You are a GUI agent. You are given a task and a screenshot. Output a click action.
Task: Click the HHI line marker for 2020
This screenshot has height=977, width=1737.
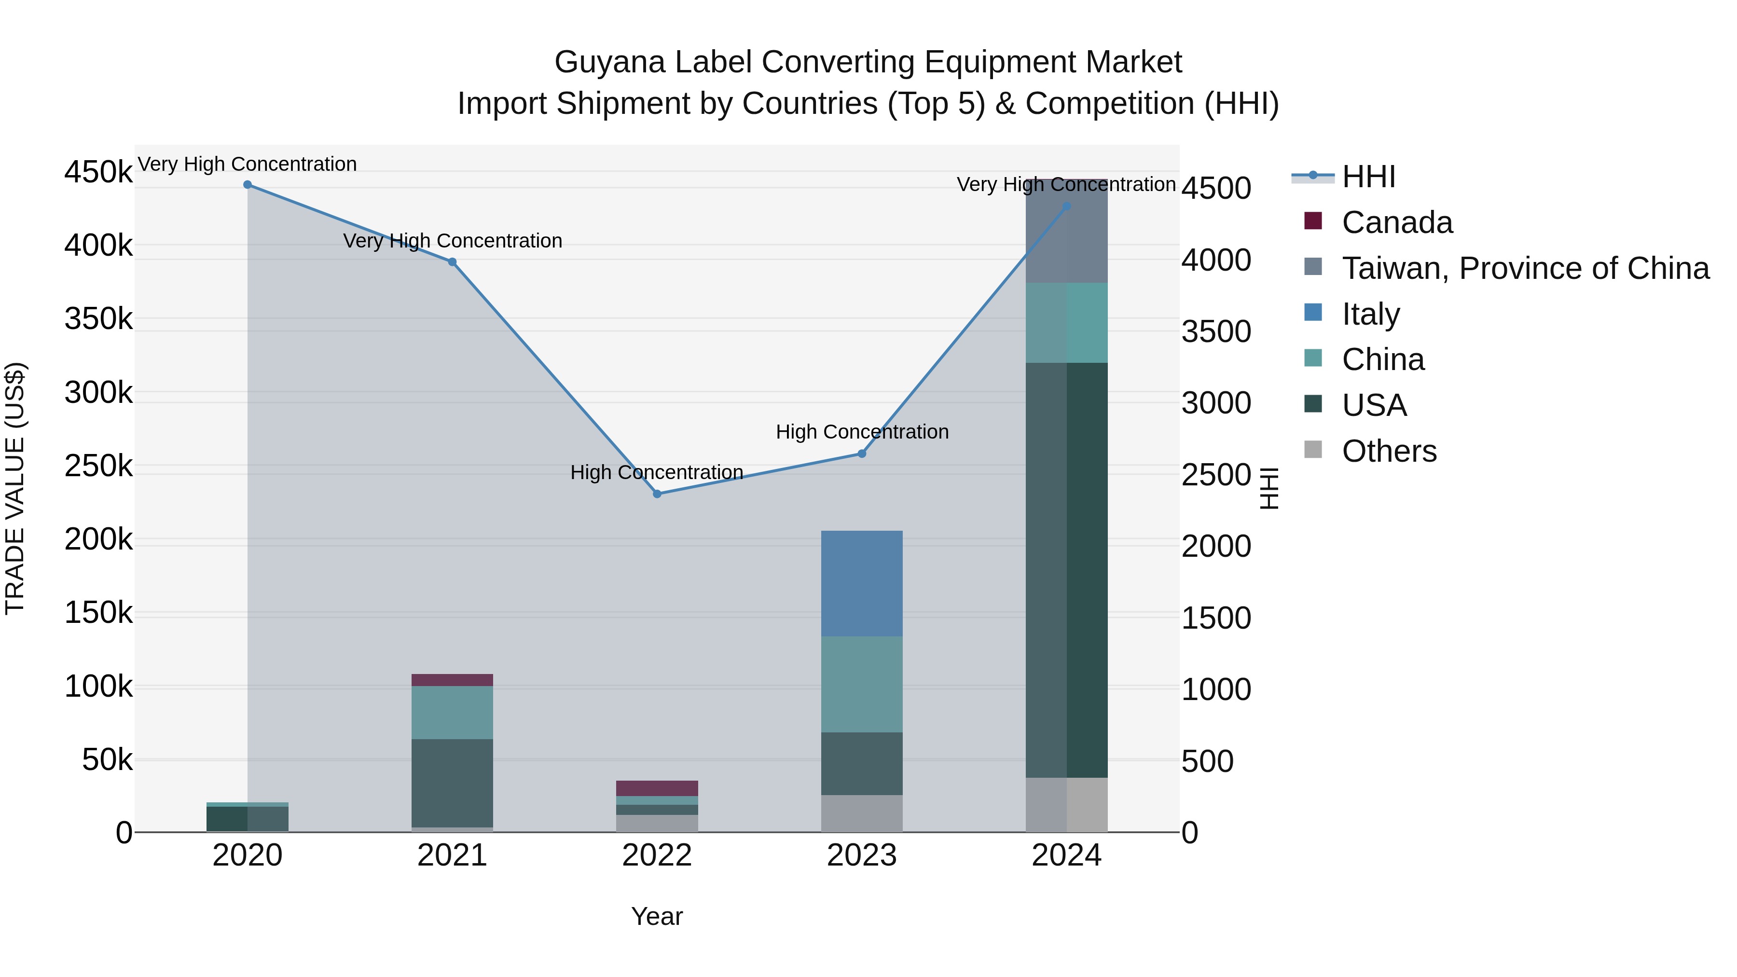248,185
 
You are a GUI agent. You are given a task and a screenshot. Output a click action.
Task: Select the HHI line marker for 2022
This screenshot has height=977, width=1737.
658,494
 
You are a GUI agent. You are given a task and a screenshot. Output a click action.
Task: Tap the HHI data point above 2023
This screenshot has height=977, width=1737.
862,454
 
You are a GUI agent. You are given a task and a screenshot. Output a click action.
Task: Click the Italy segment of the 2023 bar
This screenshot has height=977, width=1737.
862,583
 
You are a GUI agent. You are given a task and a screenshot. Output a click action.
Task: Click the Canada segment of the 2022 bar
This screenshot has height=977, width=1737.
658,788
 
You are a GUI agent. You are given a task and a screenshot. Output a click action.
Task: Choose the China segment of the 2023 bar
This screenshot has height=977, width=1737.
862,684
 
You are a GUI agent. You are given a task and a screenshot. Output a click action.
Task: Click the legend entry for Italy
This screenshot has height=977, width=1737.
1370,314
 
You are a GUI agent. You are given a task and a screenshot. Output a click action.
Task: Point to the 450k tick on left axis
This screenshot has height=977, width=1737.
98,172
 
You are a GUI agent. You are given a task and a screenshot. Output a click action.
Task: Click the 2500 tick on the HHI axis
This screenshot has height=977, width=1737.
1216,475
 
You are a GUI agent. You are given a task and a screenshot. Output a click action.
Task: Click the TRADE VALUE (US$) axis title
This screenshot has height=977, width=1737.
15,488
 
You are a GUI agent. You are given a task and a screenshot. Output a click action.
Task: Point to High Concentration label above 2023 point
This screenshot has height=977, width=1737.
862,431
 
